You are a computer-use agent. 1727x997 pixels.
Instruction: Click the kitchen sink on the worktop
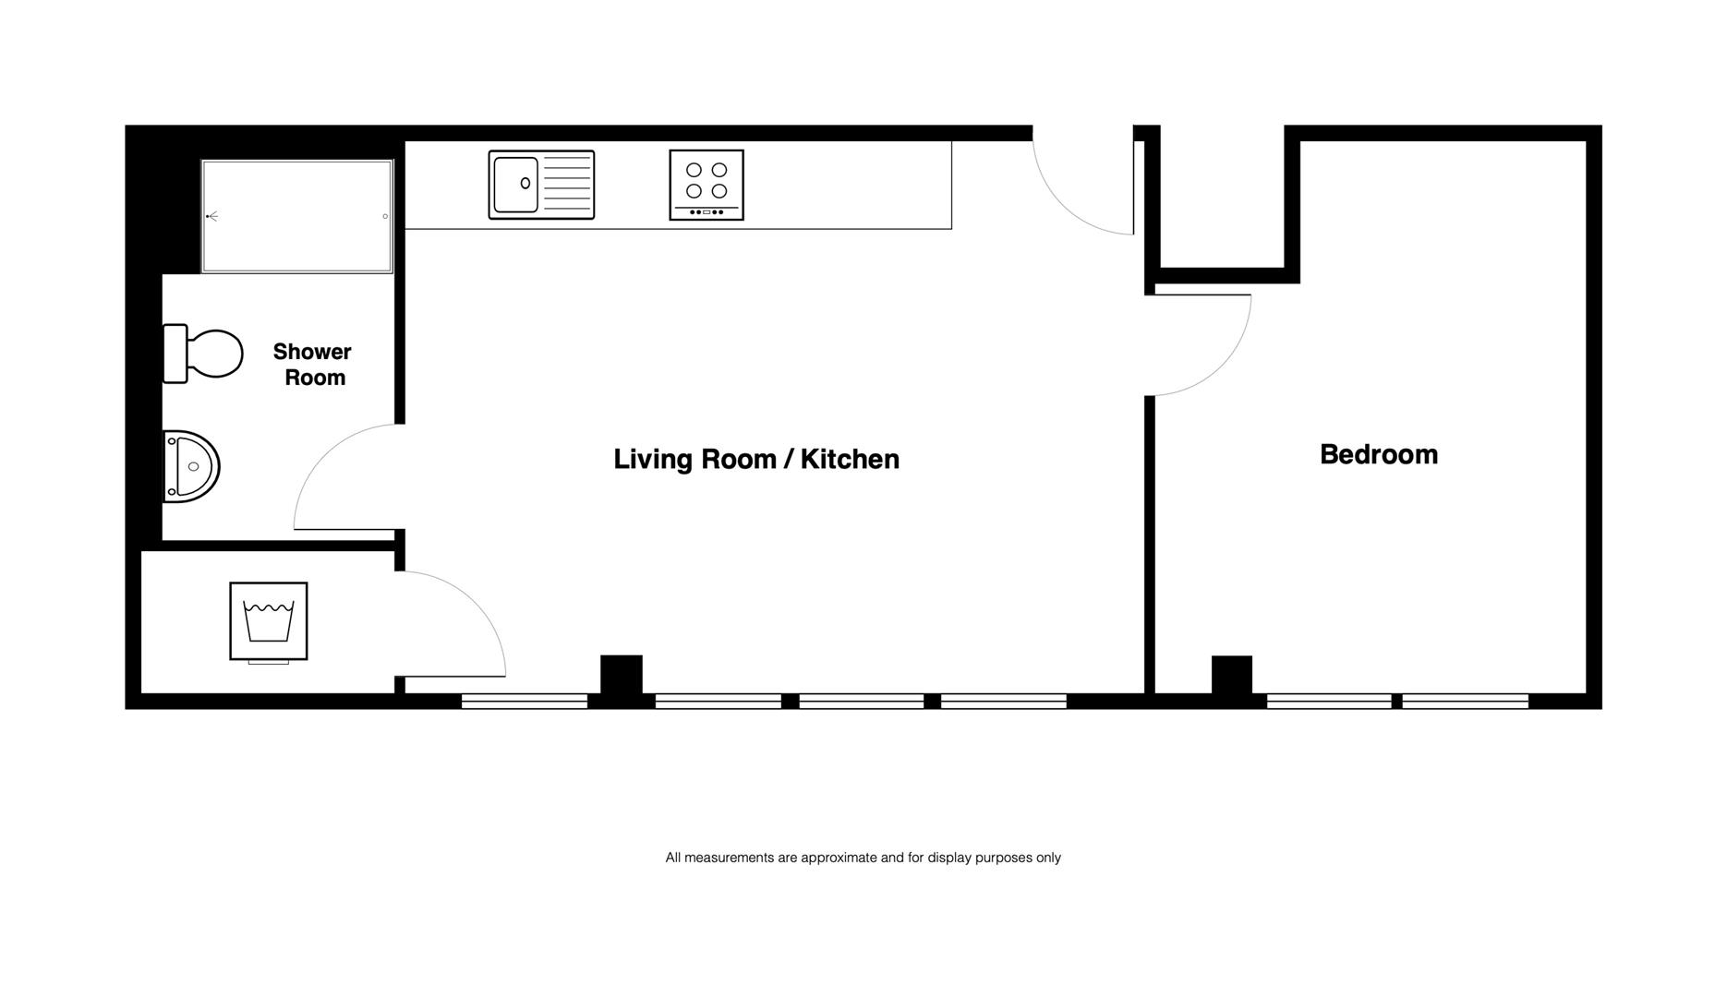(x=541, y=185)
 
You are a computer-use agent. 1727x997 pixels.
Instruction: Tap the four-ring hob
(x=706, y=185)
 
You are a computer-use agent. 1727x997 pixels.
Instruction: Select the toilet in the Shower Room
(x=202, y=354)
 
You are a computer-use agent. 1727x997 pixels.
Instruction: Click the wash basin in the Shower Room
(x=191, y=466)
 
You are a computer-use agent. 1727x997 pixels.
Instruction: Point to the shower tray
(x=297, y=216)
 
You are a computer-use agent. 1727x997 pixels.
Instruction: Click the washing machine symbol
(x=269, y=621)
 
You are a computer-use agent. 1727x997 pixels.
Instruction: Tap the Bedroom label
(x=1379, y=454)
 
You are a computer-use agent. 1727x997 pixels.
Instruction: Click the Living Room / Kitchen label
(x=756, y=459)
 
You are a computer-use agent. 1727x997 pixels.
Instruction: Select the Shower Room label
(x=313, y=365)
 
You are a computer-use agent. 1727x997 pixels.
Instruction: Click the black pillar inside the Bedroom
(x=1232, y=674)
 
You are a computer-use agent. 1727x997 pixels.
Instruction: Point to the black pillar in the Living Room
(x=622, y=674)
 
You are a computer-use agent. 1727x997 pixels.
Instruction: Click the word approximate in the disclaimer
(x=839, y=858)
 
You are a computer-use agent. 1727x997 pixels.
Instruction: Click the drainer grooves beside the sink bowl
(x=567, y=185)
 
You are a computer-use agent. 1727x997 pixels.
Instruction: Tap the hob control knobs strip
(x=706, y=212)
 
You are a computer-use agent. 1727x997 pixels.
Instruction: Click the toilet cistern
(x=175, y=354)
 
